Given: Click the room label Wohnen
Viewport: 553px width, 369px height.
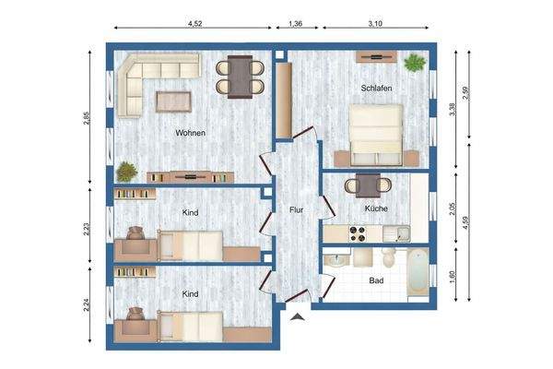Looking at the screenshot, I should [x=191, y=133].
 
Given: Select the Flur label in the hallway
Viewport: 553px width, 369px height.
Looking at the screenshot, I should [x=295, y=209].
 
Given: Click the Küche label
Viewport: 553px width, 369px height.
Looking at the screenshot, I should [x=376, y=208].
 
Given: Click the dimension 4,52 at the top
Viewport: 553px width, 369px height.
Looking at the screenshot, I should [x=195, y=22].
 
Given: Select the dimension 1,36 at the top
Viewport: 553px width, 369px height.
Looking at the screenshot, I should [x=296, y=22].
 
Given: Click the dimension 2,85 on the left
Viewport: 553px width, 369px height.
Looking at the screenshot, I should [x=87, y=118].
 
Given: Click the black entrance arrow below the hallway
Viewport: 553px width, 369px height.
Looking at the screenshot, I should [x=298, y=316].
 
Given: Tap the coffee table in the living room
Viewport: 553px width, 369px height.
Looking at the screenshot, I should [x=172, y=98].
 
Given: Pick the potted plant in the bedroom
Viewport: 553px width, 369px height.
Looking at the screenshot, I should [x=416, y=64].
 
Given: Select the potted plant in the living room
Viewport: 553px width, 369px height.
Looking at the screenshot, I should [x=126, y=171].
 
